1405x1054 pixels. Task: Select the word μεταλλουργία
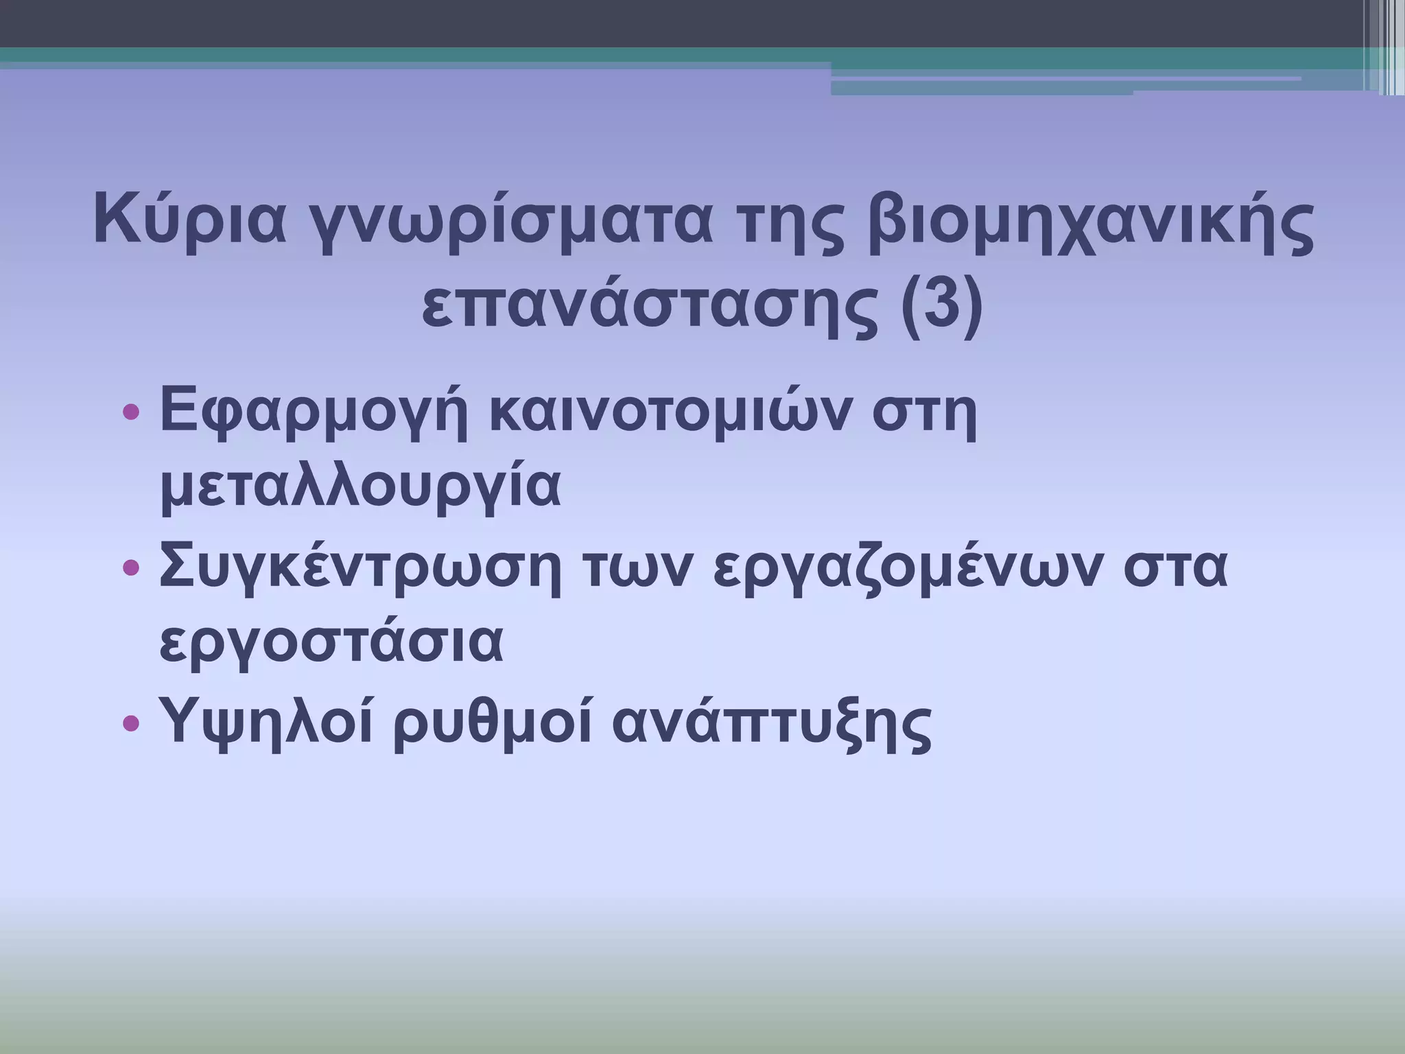click(x=360, y=489)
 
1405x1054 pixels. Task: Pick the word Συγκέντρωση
click(x=360, y=567)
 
